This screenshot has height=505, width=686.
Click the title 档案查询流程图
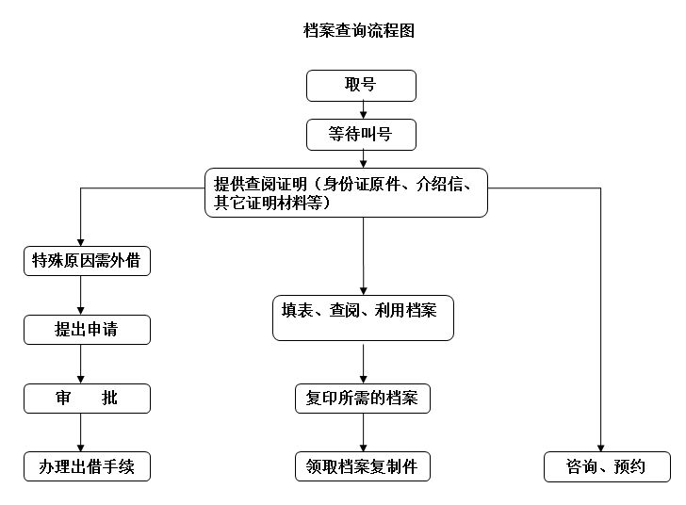coord(359,31)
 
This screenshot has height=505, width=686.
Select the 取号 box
coord(361,86)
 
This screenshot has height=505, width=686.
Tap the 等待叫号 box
coord(361,135)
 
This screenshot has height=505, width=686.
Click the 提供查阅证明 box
coord(347,192)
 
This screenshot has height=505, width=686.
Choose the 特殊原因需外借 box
coord(87,261)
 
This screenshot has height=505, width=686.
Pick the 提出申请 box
coord(87,330)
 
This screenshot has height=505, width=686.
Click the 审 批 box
coord(87,398)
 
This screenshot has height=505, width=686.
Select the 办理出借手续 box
coord(87,466)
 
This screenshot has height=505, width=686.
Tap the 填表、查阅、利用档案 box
coord(363,318)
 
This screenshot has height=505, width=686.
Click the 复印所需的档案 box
coord(363,399)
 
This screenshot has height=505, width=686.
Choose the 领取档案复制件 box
coord(363,466)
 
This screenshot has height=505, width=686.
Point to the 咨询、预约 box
coord(607,466)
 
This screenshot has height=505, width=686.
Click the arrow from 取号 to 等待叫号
coord(363,110)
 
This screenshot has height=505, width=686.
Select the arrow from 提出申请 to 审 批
coord(81,364)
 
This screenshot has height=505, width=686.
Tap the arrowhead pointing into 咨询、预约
coord(600,447)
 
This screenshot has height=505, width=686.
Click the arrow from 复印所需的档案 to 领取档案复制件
coord(364,432)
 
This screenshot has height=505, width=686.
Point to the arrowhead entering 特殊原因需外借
coord(81,240)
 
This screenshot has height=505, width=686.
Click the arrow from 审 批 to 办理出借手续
coord(81,432)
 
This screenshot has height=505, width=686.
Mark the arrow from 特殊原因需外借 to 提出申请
coord(81,295)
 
